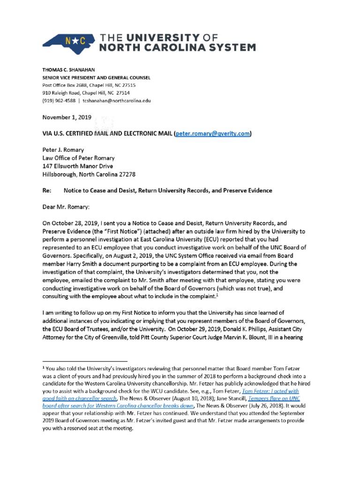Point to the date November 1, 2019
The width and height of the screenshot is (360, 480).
[65, 117]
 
